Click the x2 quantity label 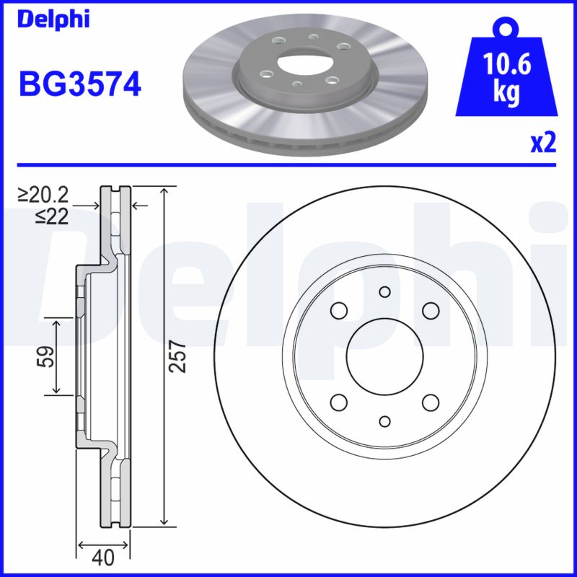[542, 143]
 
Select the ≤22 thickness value [51, 215]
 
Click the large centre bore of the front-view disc [384, 356]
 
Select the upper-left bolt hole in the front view [338, 310]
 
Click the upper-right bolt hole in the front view [431, 310]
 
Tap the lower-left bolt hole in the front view [338, 402]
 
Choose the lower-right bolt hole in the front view [431, 402]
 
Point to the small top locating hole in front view [384, 291]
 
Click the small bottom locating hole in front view [384, 421]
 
